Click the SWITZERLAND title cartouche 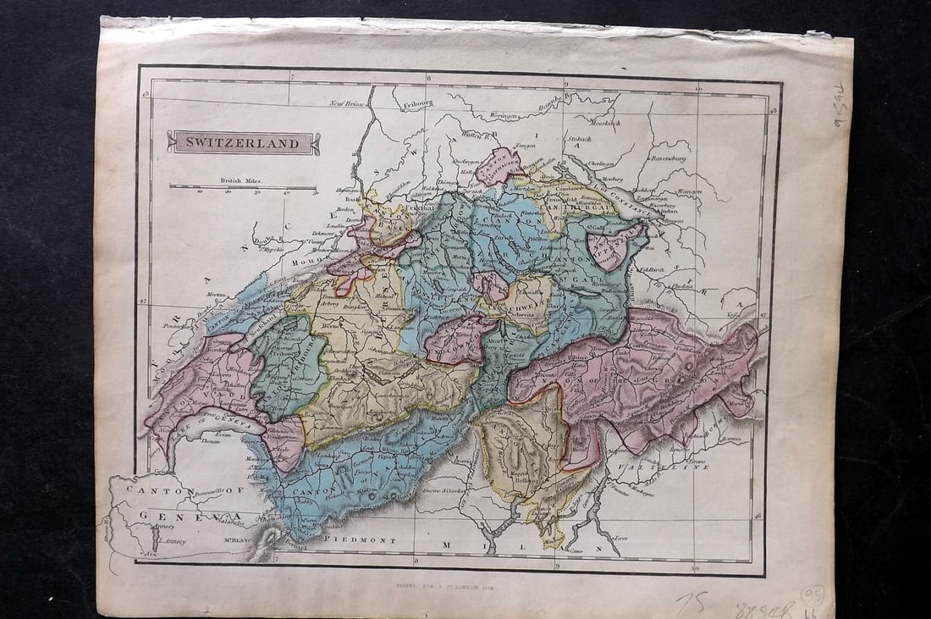pyautogui.click(x=243, y=142)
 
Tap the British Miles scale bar pyautogui.click(x=243, y=187)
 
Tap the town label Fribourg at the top pyautogui.click(x=416, y=105)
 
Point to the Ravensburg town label pyautogui.click(x=669, y=158)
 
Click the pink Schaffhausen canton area pyautogui.click(x=499, y=166)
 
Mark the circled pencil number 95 pyautogui.click(x=813, y=594)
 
